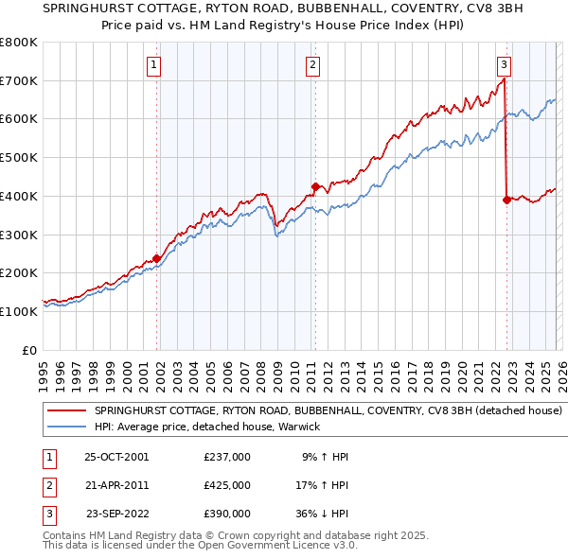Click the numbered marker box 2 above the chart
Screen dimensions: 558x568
[312, 65]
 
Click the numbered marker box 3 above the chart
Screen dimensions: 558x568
[504, 65]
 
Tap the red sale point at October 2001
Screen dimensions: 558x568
[156, 258]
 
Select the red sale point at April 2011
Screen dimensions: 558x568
[315, 186]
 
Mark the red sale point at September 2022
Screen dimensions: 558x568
[506, 200]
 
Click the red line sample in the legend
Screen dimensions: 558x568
[66, 411]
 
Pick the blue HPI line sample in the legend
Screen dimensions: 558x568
[66, 427]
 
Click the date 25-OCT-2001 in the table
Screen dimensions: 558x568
[116, 457]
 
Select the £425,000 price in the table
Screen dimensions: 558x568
[226, 485]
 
